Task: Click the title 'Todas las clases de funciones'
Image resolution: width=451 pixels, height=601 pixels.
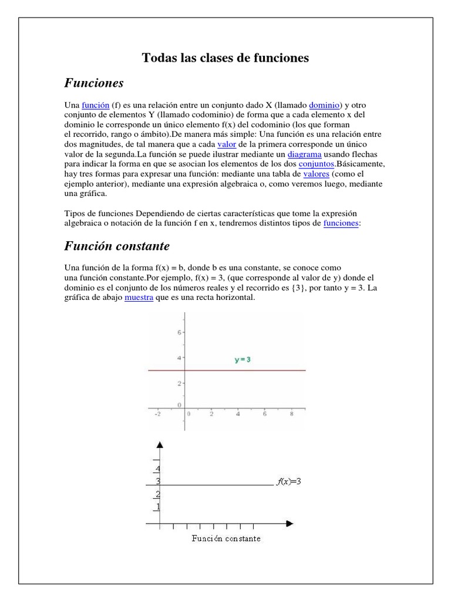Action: [x=225, y=58]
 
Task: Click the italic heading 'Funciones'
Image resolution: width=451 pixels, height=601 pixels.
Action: [x=94, y=83]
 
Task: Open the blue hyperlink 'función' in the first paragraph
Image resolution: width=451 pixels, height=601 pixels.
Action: [x=96, y=105]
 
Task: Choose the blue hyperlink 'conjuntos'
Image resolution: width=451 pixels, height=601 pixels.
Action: [x=317, y=164]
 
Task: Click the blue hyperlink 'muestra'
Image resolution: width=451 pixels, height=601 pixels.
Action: [x=139, y=298]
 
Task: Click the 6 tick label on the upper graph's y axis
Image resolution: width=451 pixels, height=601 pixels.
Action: [x=180, y=332]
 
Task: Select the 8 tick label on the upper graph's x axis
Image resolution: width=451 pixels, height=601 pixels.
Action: [x=291, y=414]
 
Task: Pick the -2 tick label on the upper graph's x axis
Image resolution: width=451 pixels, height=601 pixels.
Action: [x=157, y=414]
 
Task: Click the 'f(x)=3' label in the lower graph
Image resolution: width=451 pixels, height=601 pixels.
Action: [x=288, y=482]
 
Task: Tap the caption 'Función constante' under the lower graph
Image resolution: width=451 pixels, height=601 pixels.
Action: [x=226, y=538]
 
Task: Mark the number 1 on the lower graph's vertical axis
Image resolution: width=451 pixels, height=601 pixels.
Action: [x=157, y=507]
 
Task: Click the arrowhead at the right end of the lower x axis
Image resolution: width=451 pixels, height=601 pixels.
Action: [x=290, y=522]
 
